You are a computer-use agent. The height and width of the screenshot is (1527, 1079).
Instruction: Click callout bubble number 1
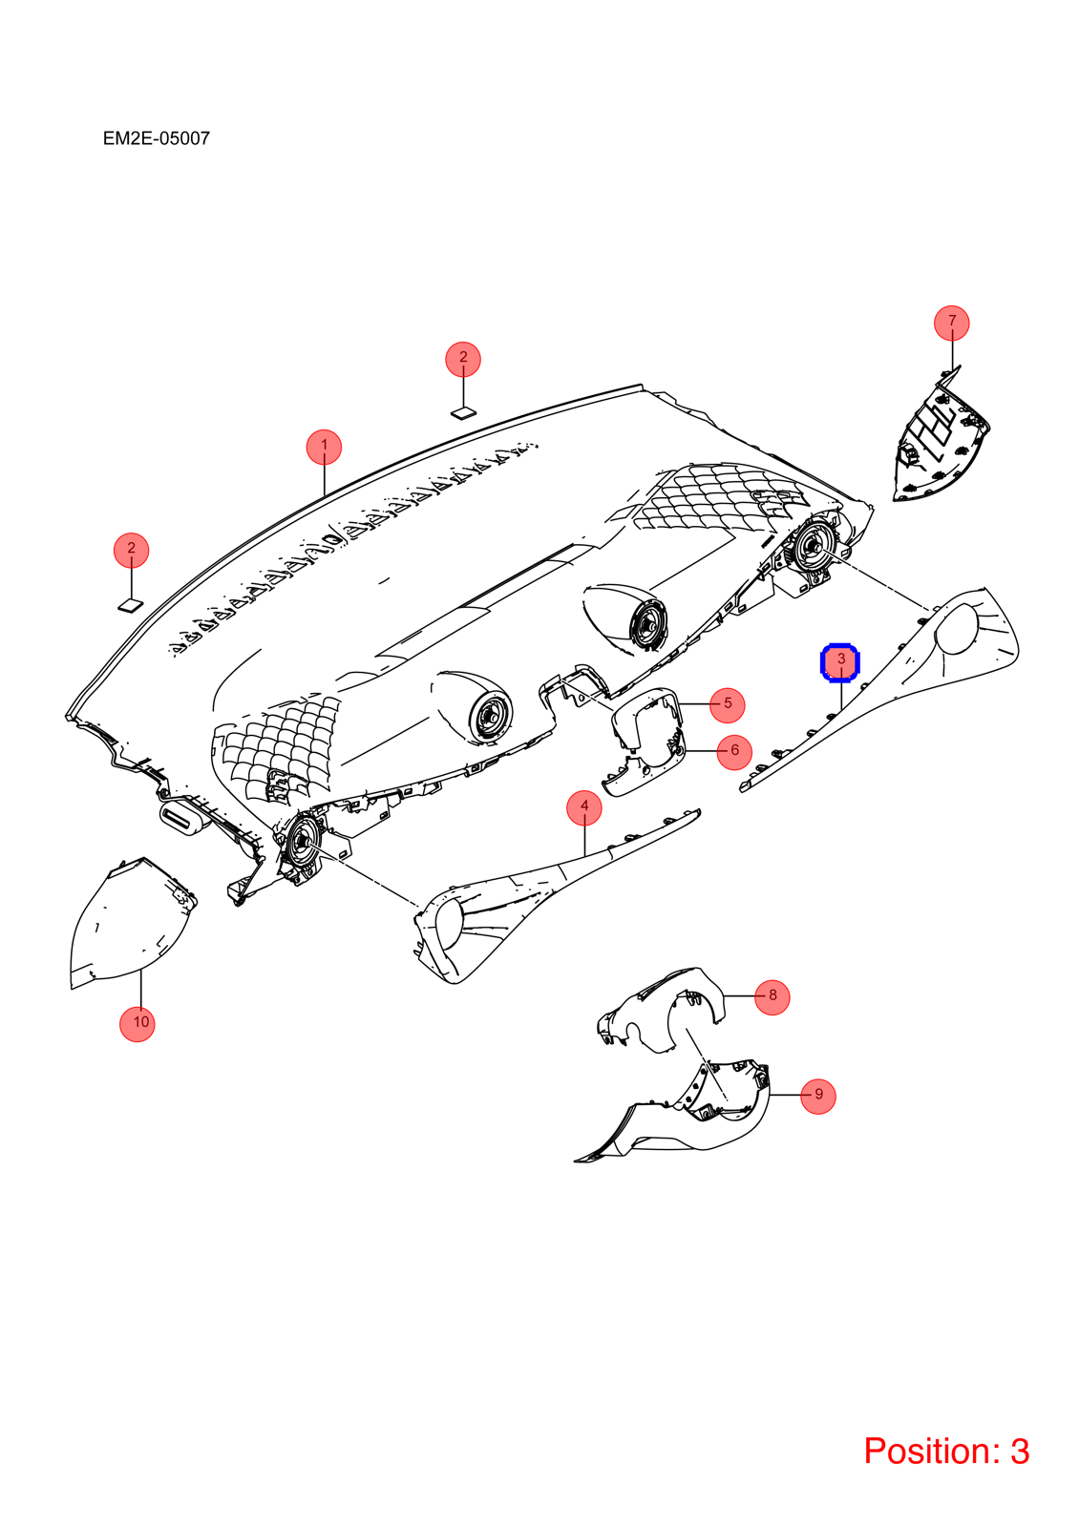click(x=324, y=447)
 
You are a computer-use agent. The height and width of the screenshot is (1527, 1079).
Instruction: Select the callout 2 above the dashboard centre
click(x=463, y=359)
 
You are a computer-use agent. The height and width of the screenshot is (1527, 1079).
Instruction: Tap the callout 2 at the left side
click(x=131, y=550)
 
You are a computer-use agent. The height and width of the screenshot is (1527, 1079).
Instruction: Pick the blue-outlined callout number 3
click(x=840, y=662)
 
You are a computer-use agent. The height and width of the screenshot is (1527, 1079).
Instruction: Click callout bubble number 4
click(x=727, y=704)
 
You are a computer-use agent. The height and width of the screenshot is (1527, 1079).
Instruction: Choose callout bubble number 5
click(x=734, y=751)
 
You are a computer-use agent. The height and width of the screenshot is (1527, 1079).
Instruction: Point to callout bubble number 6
click(x=951, y=322)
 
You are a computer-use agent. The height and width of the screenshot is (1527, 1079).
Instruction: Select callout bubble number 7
click(x=772, y=996)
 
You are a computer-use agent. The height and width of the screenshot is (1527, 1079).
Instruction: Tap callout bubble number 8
click(x=817, y=1096)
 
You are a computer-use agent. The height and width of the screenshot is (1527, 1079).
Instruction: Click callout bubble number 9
click(x=138, y=1023)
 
